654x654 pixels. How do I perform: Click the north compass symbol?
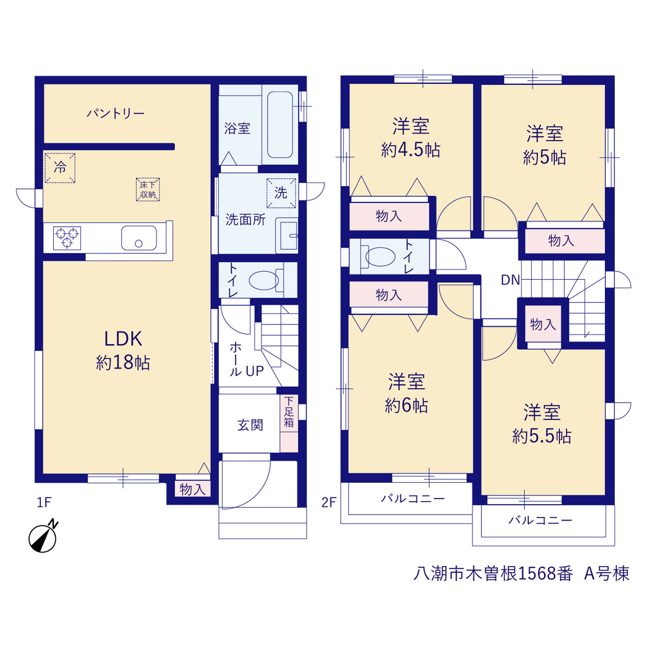43,537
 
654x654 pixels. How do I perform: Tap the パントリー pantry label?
115,113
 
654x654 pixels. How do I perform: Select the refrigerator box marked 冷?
60,168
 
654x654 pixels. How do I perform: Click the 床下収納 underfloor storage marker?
148,190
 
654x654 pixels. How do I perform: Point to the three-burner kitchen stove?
67,238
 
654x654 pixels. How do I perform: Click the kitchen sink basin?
139,238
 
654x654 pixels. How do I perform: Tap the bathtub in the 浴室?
280,125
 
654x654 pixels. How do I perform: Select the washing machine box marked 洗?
281,193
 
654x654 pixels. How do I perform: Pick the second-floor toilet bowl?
379,256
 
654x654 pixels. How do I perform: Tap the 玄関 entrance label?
250,425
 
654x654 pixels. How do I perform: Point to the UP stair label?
254,371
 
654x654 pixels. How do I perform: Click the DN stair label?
510,280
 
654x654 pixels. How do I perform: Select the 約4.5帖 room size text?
411,150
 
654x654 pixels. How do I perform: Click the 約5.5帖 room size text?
542,436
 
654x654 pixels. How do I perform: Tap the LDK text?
123,339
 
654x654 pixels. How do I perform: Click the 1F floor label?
44,502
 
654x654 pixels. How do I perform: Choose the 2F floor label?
329,502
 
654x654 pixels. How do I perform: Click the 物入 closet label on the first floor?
193,490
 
